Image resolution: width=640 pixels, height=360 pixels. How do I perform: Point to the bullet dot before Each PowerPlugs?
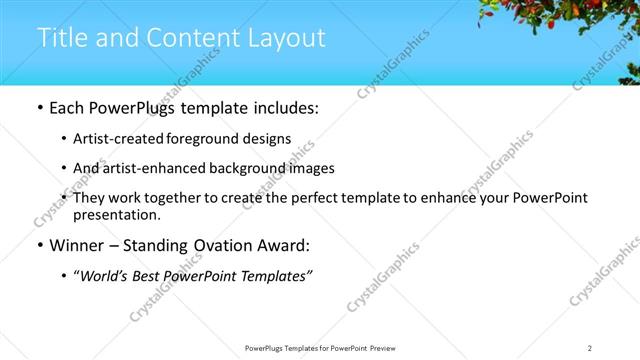tap(39, 108)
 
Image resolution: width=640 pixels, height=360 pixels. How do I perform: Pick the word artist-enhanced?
tap(147, 168)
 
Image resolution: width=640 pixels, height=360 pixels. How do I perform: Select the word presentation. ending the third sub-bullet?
tap(116, 214)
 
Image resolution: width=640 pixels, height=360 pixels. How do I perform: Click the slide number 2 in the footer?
tap(589, 348)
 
